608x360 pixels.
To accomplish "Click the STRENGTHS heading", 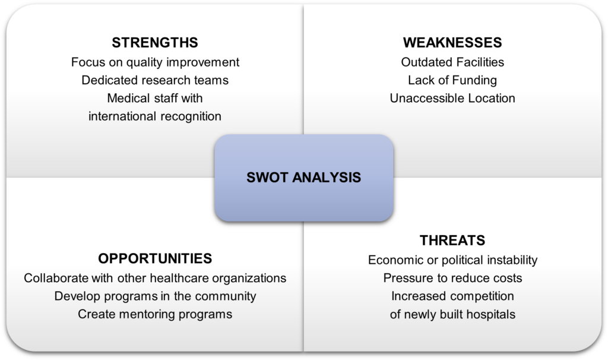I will click(155, 43).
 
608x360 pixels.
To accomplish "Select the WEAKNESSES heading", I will click(452, 43).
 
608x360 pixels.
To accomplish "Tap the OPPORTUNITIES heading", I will click(155, 258).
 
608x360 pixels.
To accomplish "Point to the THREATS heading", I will click(452, 240).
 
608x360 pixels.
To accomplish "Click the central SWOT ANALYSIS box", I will click(303, 178).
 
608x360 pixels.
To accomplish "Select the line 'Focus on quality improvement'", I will click(155, 62).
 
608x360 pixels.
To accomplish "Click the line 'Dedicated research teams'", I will click(155, 80).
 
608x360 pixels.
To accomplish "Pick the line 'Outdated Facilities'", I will click(452, 62).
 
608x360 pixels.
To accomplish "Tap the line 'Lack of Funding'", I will click(452, 80).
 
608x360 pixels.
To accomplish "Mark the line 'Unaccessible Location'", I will click(452, 98).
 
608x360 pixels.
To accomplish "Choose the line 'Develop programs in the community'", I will click(155, 296).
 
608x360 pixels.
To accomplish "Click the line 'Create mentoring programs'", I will click(155, 314).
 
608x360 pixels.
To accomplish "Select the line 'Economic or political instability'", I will click(452, 260).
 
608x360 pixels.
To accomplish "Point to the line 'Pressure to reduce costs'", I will click(452, 277).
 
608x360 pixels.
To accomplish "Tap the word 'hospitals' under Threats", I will click(490, 314).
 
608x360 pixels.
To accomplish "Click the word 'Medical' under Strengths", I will click(128, 98).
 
